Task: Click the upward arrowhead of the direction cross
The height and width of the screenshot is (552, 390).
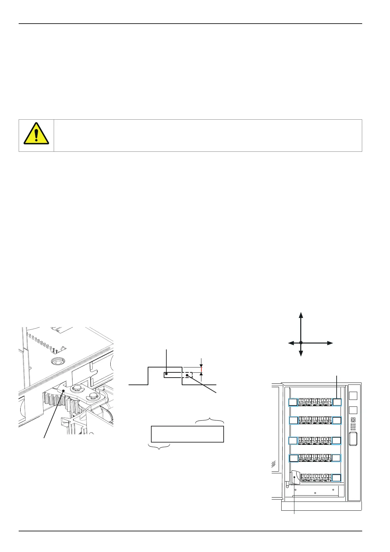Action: click(x=301, y=315)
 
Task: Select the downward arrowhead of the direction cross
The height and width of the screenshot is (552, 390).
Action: click(x=301, y=353)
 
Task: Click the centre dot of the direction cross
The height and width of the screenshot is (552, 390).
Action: click(x=301, y=343)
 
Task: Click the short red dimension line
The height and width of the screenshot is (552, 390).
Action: click(x=201, y=370)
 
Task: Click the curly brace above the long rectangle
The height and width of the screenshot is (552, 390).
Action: click(x=210, y=421)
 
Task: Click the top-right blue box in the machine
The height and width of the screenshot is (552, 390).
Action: click(x=337, y=402)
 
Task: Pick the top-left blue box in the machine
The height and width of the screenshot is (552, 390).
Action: click(x=293, y=402)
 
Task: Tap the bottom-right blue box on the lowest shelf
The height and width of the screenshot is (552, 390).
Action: click(x=337, y=478)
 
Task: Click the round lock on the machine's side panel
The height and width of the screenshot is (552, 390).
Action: click(x=353, y=420)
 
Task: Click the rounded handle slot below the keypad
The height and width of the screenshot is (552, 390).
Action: click(x=353, y=439)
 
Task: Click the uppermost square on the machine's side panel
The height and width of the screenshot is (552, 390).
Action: click(x=353, y=396)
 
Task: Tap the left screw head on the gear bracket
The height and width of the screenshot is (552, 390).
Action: click(x=78, y=388)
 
